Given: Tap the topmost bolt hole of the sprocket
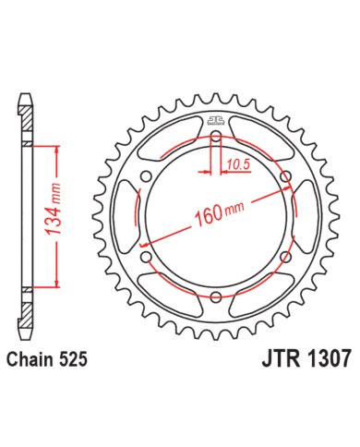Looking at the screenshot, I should (216, 139).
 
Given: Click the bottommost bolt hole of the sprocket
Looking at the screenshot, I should (216, 296).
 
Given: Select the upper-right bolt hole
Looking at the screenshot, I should (283, 178).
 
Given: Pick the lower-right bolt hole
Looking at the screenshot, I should (283, 257).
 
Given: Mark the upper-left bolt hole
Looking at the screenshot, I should (149, 178).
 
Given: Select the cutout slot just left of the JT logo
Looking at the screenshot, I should (170, 143).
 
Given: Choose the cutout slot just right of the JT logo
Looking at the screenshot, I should (262, 143).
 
